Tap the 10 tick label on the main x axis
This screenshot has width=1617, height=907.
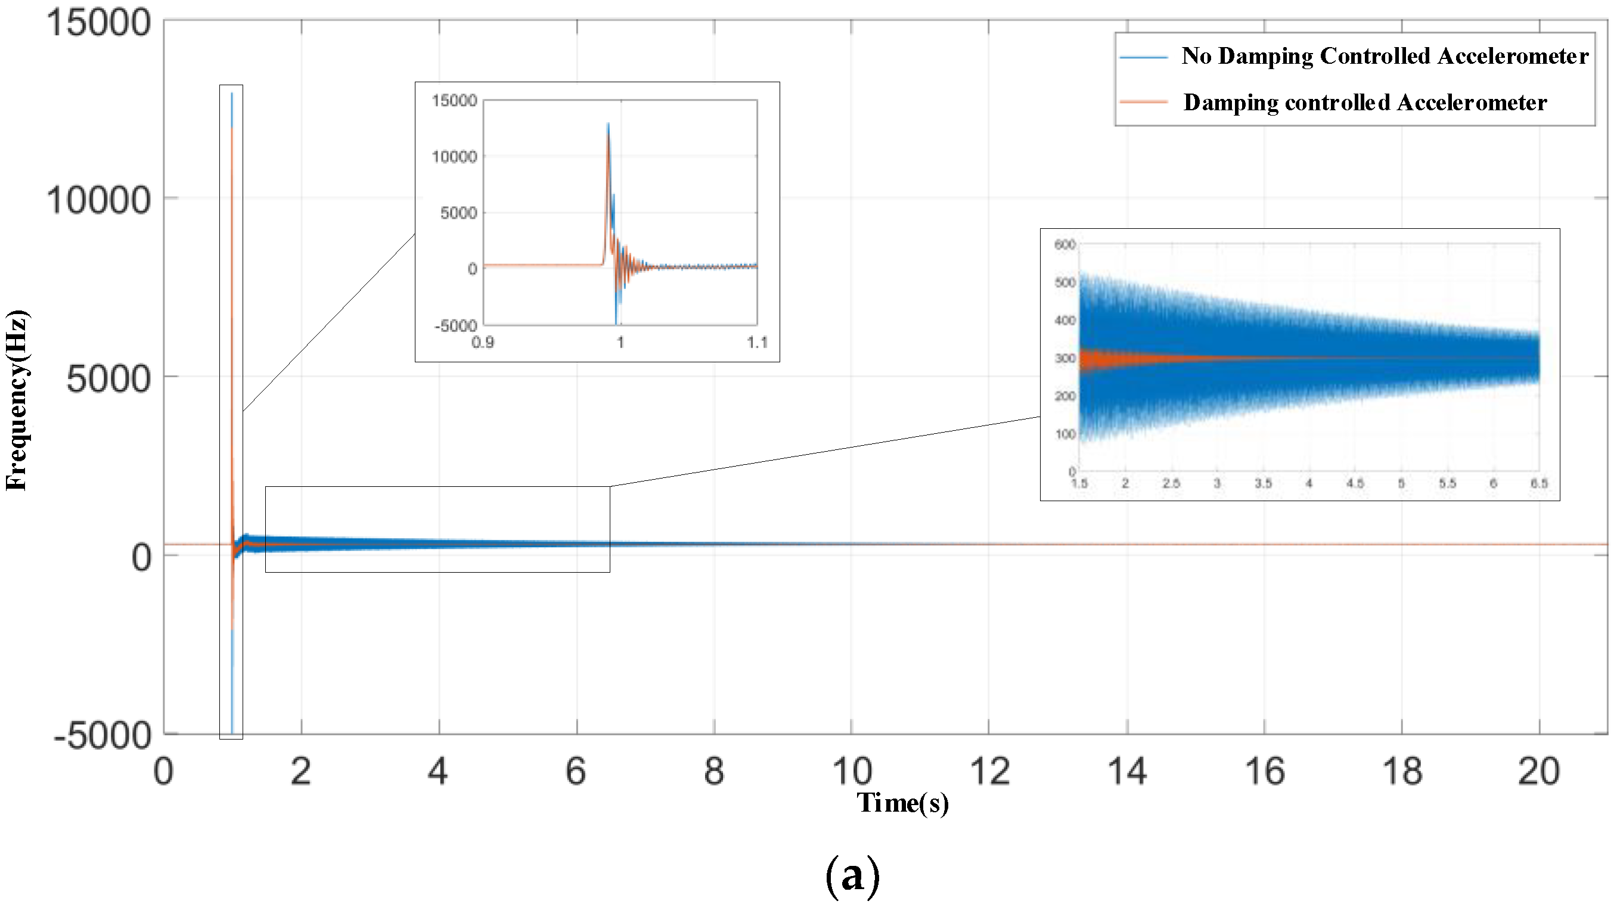pyautogui.click(x=851, y=771)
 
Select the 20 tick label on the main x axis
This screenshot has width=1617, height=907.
pyautogui.click(x=1538, y=771)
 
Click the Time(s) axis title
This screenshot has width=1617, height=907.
pyautogui.click(x=902, y=803)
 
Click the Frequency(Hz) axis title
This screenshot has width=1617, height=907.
pyautogui.click(x=16, y=400)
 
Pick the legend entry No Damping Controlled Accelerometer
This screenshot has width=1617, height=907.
pyautogui.click(x=1385, y=56)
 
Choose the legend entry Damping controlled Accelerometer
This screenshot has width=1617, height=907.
pyautogui.click(x=1365, y=102)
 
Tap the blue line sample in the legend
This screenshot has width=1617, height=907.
pyautogui.click(x=1143, y=57)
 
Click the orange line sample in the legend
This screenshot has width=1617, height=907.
pyautogui.click(x=1143, y=102)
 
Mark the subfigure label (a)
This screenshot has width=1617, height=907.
pyautogui.click(x=852, y=875)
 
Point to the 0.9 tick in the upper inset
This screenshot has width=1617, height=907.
pyautogui.click(x=483, y=343)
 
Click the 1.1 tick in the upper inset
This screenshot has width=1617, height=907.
pyautogui.click(x=758, y=343)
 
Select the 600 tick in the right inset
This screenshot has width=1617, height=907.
pyautogui.click(x=1064, y=245)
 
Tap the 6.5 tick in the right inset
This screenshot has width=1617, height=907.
pyautogui.click(x=1538, y=483)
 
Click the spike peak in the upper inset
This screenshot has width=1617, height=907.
pyautogui.click(x=607, y=125)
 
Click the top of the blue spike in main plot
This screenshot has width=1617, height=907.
pyautogui.click(x=232, y=94)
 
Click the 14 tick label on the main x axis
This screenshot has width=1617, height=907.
pyautogui.click(x=1126, y=771)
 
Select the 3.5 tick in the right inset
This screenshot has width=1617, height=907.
pyautogui.click(x=1263, y=483)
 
